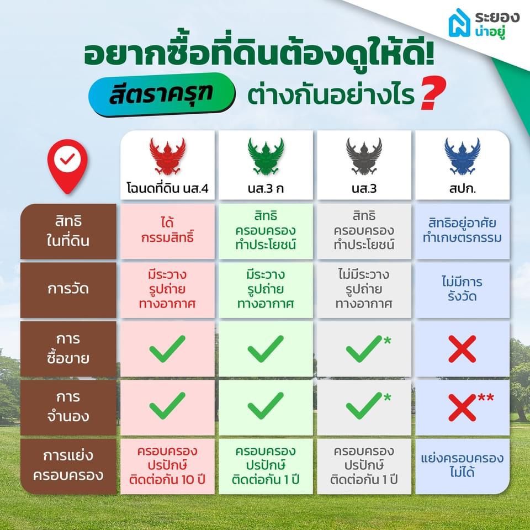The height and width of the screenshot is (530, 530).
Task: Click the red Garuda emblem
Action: pyautogui.click(x=167, y=156)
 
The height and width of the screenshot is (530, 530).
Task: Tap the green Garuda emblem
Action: pyautogui.click(x=266, y=156)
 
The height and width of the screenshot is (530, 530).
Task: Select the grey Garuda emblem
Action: pyautogui.click(x=364, y=156)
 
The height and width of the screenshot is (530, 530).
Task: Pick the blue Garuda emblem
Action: pyautogui.click(x=462, y=156)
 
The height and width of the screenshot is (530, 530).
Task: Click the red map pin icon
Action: pyautogui.click(x=67, y=166)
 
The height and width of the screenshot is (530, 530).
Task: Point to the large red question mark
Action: pyautogui.click(x=433, y=93)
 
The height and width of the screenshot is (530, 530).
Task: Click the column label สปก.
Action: pyautogui.click(x=462, y=189)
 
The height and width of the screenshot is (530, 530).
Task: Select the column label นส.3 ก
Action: pyautogui.click(x=266, y=189)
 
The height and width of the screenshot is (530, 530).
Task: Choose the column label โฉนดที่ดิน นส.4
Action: pyautogui.click(x=167, y=189)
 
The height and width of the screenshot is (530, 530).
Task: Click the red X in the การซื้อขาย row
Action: pyautogui.click(x=462, y=349)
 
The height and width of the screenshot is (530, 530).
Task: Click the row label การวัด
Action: pyautogui.click(x=68, y=289)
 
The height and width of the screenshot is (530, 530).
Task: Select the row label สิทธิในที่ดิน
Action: pyautogui.click(x=68, y=231)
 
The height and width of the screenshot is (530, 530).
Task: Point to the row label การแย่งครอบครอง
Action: pyautogui.click(x=68, y=465)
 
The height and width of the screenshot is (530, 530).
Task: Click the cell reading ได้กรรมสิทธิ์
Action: pyautogui.click(x=167, y=231)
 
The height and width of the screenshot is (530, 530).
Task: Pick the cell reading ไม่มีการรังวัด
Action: pyautogui.click(x=462, y=289)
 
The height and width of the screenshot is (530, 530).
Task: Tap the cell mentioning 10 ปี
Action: pyautogui.click(x=167, y=465)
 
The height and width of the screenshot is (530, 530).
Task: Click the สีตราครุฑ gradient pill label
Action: pyautogui.click(x=162, y=94)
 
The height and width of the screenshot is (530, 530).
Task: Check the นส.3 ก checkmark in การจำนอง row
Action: pyautogui.click(x=266, y=406)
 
